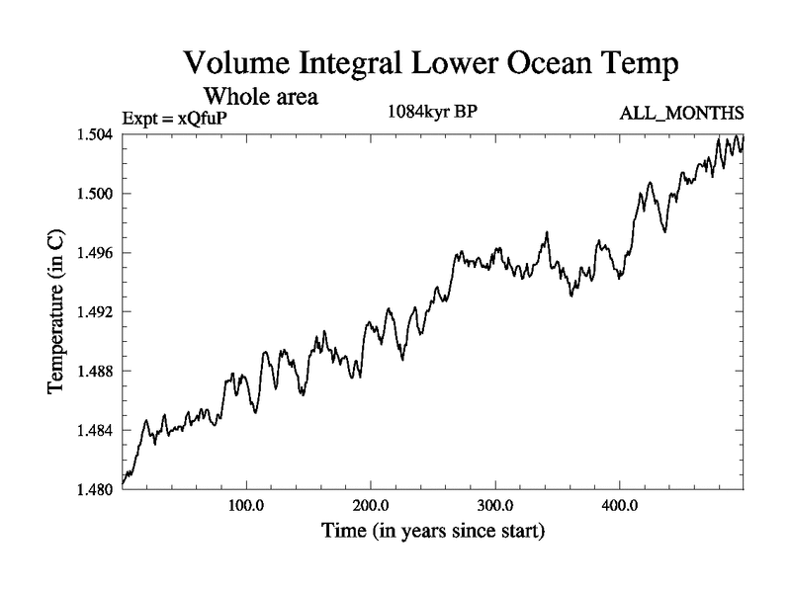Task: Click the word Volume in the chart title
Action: pos(237,65)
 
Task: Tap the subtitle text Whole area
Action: pos(260,98)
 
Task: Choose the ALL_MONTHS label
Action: pos(681,115)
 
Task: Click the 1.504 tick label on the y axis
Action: pos(96,134)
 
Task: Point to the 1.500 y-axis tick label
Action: pos(96,194)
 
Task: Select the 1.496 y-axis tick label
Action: pos(96,253)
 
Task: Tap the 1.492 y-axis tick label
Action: pos(96,312)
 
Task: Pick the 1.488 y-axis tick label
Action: pos(96,372)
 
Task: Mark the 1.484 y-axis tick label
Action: pos(96,431)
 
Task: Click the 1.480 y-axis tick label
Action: pos(96,490)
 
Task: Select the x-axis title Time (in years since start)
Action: pos(433,532)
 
